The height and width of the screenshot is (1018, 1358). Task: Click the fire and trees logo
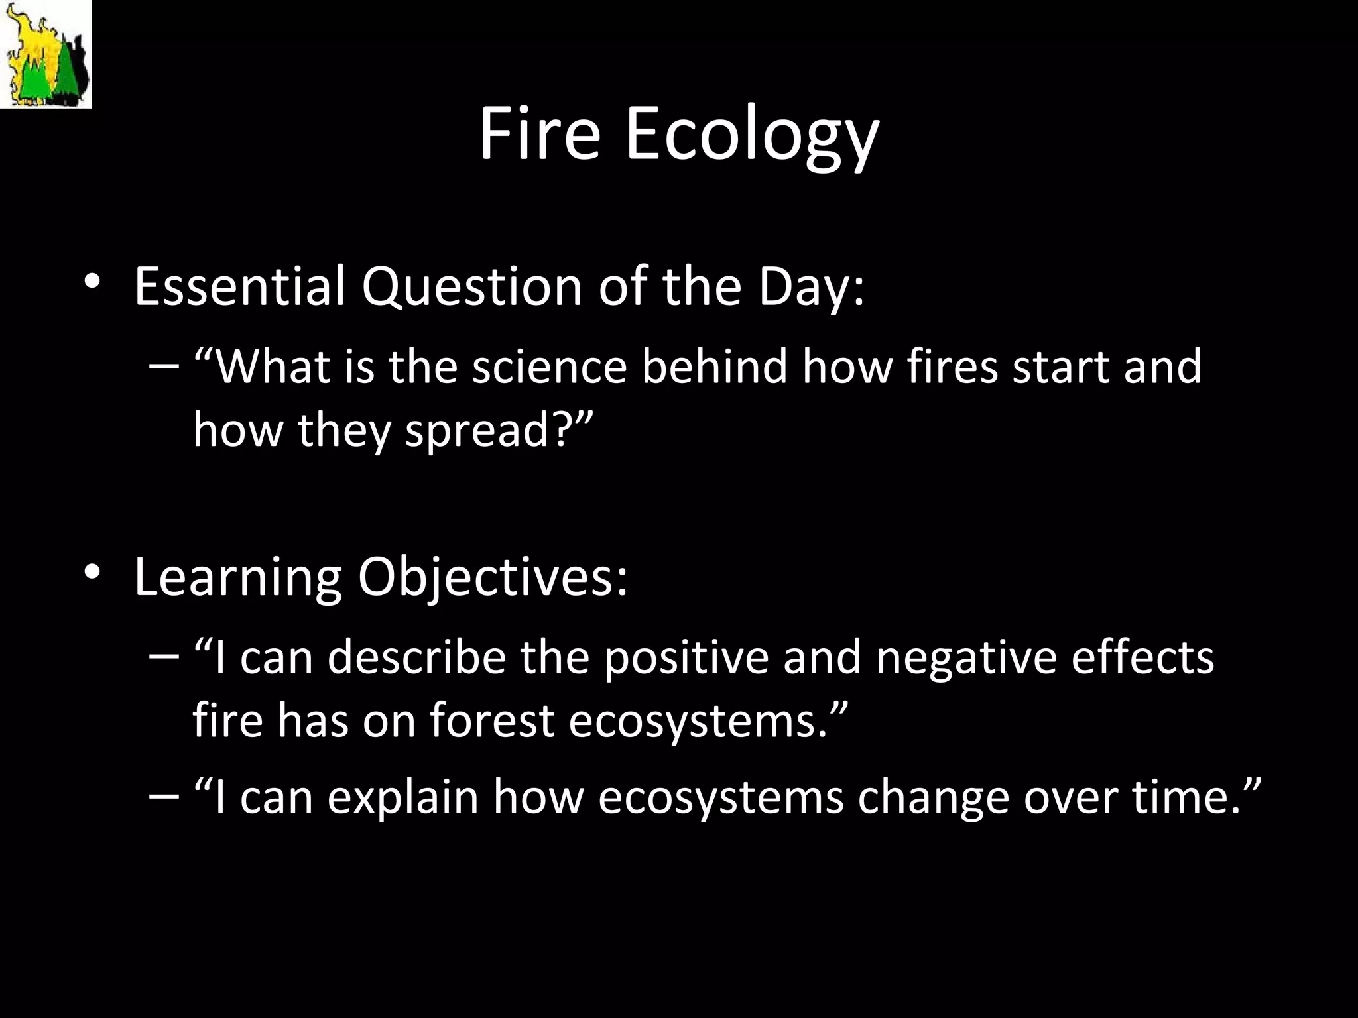pos(45,54)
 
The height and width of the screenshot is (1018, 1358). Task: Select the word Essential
pos(239,286)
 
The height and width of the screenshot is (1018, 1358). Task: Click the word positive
pos(685,659)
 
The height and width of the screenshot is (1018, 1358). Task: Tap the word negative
pos(965,659)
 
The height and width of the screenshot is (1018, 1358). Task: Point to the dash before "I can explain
pos(164,795)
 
